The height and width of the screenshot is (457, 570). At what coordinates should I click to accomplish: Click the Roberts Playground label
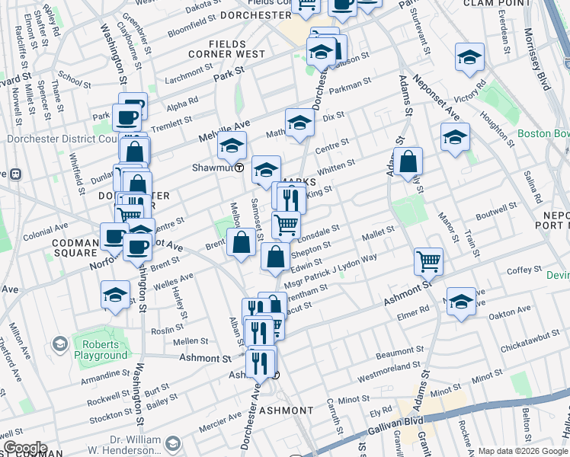pos(100,350)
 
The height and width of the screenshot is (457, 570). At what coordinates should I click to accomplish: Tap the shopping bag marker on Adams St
pos(408,161)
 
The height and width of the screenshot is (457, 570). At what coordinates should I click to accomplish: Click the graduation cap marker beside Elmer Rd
pos(461,302)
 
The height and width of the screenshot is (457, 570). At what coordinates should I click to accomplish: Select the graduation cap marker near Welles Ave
pos(115,296)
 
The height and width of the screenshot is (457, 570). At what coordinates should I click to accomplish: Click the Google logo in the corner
pos(25,448)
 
